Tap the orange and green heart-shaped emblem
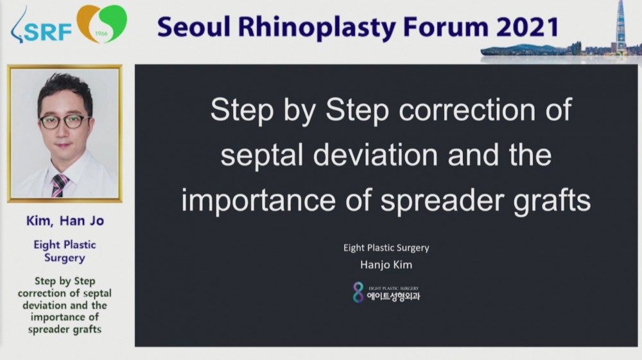tap(101, 23)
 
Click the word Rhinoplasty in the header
tap(317, 28)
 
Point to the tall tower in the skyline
tap(621, 26)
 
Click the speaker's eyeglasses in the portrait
tap(65, 121)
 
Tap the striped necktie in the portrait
tap(59, 185)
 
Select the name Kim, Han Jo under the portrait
tap(65, 221)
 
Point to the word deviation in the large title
tap(376, 155)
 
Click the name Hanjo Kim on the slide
tap(386, 264)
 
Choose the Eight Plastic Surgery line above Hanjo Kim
tap(386, 248)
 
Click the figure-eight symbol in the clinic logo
tap(358, 292)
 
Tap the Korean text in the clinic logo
tap(394, 296)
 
